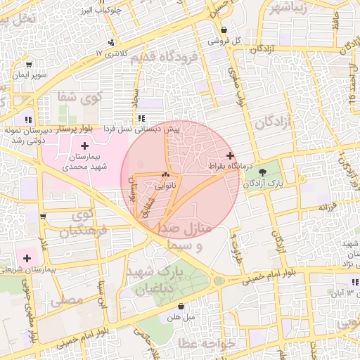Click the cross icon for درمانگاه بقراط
click(230, 155)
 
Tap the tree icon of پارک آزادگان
click(263, 172)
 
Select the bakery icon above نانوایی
click(166, 175)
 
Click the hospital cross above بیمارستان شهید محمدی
click(85, 144)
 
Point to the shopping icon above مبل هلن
click(182, 307)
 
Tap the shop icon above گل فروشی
click(224, 30)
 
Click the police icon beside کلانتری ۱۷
click(110, 43)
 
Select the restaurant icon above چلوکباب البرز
click(112, 2)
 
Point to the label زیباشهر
click(289, 8)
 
